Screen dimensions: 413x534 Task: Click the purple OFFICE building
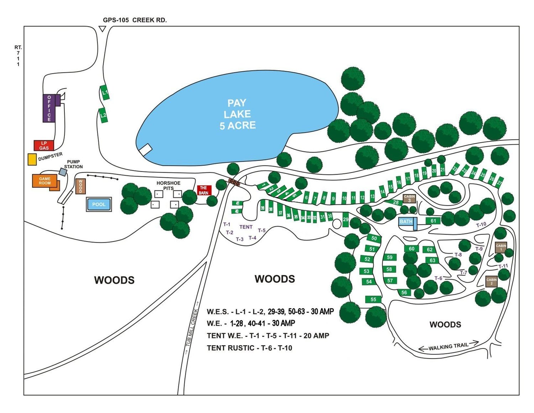pos(49,108)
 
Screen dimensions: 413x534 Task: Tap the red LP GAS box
pos(44,145)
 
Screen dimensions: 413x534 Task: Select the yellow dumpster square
pos(32,159)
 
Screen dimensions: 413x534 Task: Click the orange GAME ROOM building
pos(45,181)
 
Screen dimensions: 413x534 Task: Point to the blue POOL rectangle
pos(99,205)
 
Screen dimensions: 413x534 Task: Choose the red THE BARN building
pos(204,190)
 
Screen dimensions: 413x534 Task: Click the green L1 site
pos(105,92)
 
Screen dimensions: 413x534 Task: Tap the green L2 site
pos(103,115)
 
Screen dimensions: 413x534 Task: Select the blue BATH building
pos(406,222)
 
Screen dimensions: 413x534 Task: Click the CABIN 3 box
pos(409,198)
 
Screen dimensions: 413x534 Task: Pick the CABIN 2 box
pos(491,281)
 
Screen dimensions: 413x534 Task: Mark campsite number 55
pos(373,299)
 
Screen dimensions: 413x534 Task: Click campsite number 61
pos(433,221)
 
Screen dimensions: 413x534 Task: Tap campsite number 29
pos(346,219)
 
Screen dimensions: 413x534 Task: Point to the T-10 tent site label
pos(481,224)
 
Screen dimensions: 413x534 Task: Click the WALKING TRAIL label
pos(448,346)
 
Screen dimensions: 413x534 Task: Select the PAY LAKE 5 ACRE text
pos(237,114)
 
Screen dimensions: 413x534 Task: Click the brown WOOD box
pos(80,186)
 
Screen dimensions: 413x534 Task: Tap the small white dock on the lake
pos(145,150)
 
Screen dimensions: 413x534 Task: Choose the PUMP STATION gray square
pos(63,172)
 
